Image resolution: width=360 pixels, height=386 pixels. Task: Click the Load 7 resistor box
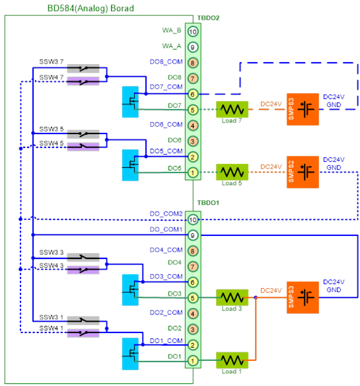coord(232,109)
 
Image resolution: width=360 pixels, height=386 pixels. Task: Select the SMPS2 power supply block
coord(303,172)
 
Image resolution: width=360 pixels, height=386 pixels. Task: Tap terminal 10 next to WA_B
coord(193,32)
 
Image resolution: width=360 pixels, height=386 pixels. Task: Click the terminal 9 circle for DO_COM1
coord(193,235)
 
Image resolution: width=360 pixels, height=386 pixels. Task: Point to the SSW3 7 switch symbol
coord(83,68)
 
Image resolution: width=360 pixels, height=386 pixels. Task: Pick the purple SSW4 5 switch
coord(83,147)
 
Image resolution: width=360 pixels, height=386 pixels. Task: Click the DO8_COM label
coord(166,61)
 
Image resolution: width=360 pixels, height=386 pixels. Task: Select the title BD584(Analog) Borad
coord(90,9)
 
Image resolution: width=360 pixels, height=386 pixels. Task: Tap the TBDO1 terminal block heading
coord(208,203)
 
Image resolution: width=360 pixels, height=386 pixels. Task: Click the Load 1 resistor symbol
coord(232,360)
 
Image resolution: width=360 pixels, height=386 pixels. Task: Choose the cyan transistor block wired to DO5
coord(130,165)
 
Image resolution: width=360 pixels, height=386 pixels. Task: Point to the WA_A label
coord(172,46)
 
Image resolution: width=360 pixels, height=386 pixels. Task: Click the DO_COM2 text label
coord(166,213)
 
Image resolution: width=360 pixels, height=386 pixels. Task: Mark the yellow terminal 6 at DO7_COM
coord(193,94)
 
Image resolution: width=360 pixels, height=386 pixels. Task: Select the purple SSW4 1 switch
coord(83,333)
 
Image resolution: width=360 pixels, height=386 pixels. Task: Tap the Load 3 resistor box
coord(232,297)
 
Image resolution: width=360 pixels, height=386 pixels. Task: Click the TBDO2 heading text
coord(208,18)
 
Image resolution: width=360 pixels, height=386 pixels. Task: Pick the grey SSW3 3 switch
coord(83,257)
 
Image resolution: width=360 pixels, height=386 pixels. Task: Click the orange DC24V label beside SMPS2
coord(271,167)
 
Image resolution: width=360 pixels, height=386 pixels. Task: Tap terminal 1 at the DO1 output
coord(193,361)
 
